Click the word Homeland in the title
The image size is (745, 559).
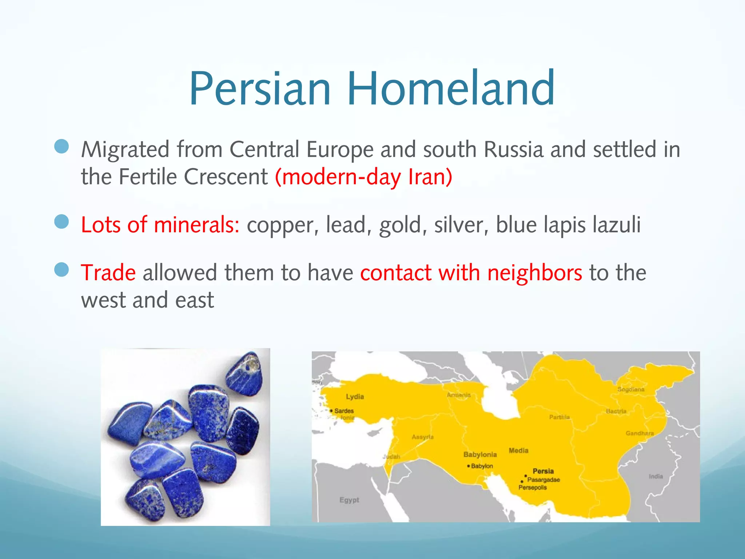[451, 88]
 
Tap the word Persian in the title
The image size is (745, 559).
[260, 88]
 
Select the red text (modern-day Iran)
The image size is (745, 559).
[363, 177]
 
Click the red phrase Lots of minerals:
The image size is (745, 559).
[160, 225]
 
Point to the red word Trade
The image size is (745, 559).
[108, 273]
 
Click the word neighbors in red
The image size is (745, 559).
[534, 273]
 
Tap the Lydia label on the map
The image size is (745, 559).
[355, 397]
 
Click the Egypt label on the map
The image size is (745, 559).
[349, 500]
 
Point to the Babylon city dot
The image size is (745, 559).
[469, 466]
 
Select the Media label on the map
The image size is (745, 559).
[518, 451]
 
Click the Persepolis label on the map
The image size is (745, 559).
[533, 488]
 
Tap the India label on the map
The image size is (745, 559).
[656, 476]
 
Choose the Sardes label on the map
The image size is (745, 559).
[344, 411]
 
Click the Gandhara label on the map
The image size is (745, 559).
[640, 433]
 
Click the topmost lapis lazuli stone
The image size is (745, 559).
[244, 374]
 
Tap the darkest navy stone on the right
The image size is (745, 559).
[243, 431]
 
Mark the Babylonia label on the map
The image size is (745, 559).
[480, 455]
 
